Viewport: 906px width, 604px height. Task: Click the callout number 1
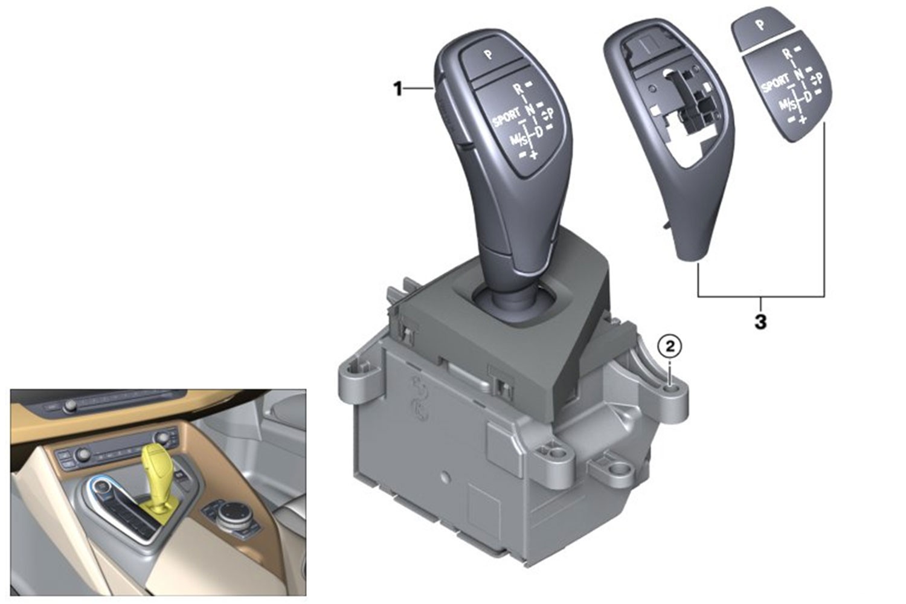tap(399, 89)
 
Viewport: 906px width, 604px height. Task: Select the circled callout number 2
tap(670, 347)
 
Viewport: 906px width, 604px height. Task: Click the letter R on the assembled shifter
tap(518, 89)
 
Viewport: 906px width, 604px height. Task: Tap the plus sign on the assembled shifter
tap(534, 154)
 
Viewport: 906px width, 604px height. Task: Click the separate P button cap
tap(760, 28)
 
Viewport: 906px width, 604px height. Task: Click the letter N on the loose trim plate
tap(798, 74)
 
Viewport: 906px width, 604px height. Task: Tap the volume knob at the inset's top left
tap(71, 405)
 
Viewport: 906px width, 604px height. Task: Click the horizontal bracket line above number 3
tap(761, 297)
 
